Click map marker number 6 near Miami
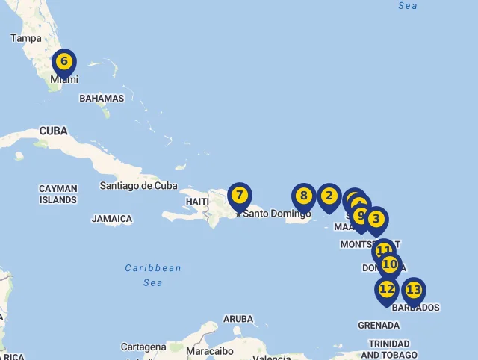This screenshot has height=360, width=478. [64, 62]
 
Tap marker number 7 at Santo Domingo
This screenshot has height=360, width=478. [239, 196]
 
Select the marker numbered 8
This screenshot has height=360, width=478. [303, 196]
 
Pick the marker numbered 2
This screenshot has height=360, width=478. [329, 196]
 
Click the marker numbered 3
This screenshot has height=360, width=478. [376, 220]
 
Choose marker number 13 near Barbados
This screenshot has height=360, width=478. [413, 290]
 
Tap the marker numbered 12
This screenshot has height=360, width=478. [387, 289]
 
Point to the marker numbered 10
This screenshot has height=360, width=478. [390, 264]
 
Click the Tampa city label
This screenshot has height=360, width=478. [26, 38]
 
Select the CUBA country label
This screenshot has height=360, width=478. [53, 131]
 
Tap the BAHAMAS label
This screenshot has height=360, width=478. [102, 98]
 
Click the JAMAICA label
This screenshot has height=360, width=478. [112, 219]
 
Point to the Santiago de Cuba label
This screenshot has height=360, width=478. [139, 185]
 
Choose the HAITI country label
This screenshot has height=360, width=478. [197, 202]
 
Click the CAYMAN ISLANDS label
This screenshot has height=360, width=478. [58, 194]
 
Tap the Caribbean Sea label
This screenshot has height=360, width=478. [153, 275]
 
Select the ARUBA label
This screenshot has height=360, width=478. [238, 319]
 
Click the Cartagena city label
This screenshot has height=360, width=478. [143, 347]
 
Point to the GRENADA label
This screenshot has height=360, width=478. [379, 325]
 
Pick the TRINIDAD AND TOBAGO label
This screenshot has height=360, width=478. [389, 349]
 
